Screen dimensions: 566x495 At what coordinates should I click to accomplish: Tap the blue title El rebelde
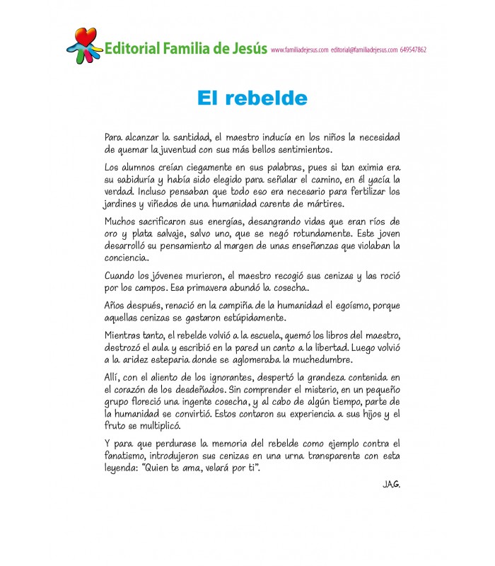tap(252, 98)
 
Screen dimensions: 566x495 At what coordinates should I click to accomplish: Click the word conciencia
tap(130, 258)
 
